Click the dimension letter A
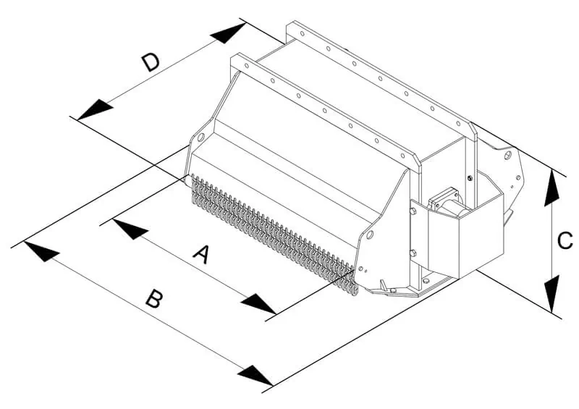(x=203, y=254)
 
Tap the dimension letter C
(x=566, y=240)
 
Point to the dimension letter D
(x=151, y=62)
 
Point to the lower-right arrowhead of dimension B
(x=255, y=376)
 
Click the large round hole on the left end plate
(x=200, y=137)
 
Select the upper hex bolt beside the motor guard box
(x=412, y=212)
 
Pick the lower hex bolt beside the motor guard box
(x=412, y=253)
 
